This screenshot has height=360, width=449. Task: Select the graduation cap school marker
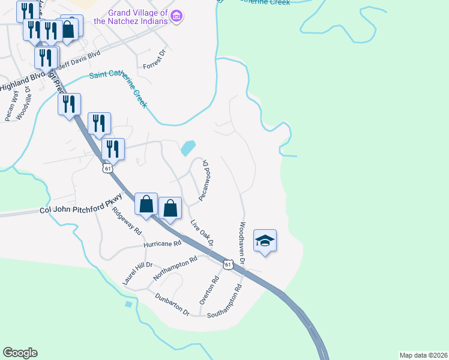(x=265, y=241)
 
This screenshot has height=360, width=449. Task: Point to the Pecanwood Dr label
(x=204, y=180)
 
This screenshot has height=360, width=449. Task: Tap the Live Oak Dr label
(x=202, y=233)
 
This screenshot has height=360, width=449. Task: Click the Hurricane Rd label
(x=162, y=245)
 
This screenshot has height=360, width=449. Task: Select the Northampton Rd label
(x=175, y=269)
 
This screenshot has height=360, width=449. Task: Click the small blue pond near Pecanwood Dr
(x=188, y=147)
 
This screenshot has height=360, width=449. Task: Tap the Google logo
(x=20, y=352)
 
